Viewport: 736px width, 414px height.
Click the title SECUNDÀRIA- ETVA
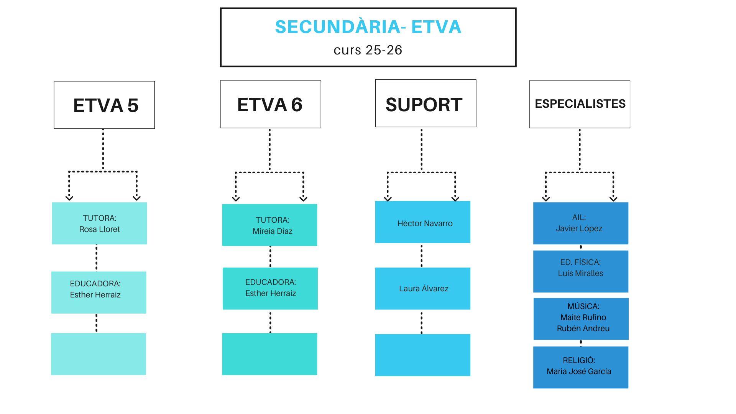pyautogui.click(x=368, y=27)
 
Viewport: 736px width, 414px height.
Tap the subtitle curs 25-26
pyautogui.click(x=368, y=50)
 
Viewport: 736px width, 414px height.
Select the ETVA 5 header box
pyautogui.click(x=104, y=105)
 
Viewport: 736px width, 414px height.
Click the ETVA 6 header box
pyautogui.click(x=270, y=104)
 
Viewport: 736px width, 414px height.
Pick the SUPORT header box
pyautogui.click(x=426, y=103)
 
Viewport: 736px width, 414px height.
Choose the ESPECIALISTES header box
pyautogui.click(x=580, y=104)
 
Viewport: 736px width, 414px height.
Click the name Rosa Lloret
pyautogui.click(x=99, y=229)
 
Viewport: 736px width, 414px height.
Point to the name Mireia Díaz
pyautogui.click(x=273, y=231)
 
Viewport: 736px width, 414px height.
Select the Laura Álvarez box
pyautogui.click(x=423, y=289)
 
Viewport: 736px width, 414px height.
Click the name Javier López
pyautogui.click(x=579, y=228)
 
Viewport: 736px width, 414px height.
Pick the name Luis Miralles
pyautogui.click(x=580, y=273)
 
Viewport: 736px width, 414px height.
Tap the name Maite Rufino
pyautogui.click(x=583, y=317)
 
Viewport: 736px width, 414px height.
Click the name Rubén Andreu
pyautogui.click(x=583, y=329)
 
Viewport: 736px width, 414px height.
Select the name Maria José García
pyautogui.click(x=579, y=371)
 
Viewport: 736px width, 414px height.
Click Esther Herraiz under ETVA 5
pyautogui.click(x=95, y=295)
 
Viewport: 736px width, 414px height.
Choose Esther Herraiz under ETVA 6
pyautogui.click(x=271, y=293)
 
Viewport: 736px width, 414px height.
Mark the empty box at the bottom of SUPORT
pyautogui.click(x=423, y=355)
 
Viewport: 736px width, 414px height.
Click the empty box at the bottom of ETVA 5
pyautogui.click(x=99, y=354)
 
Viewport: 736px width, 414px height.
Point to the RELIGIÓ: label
pyautogui.click(x=579, y=360)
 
